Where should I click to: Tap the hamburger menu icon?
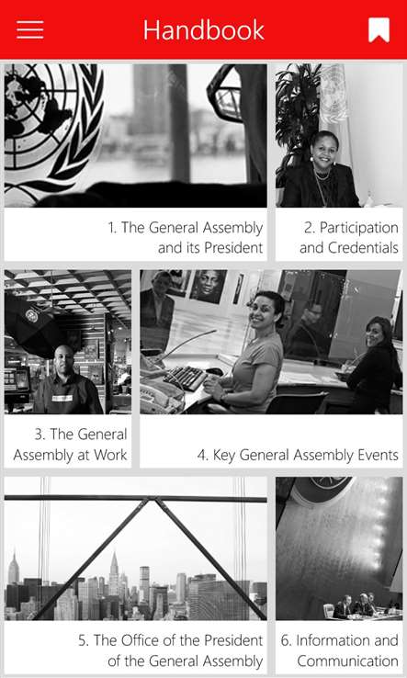(29, 29)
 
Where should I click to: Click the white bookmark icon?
(379, 30)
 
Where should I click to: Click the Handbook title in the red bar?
(204, 29)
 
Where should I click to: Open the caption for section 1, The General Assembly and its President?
(185, 237)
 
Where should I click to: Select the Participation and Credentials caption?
(348, 237)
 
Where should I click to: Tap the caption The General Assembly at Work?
(70, 444)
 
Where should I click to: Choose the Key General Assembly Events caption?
(298, 455)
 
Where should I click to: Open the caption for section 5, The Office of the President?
(170, 650)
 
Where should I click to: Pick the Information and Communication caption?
(340, 650)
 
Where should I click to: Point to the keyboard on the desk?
(185, 377)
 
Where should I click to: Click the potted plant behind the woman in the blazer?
(298, 117)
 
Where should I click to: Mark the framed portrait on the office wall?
(208, 287)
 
